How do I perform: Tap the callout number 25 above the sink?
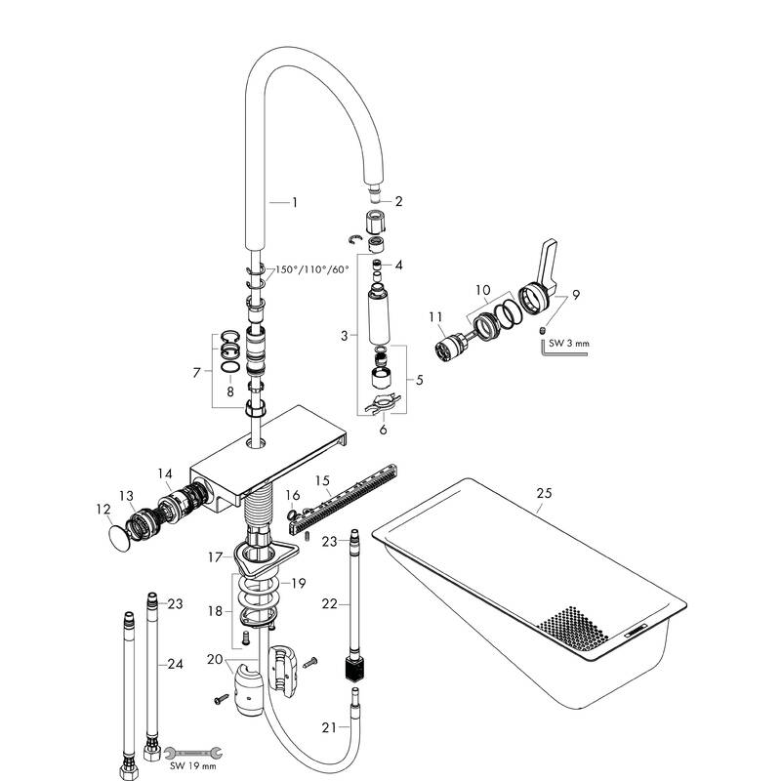point(544,493)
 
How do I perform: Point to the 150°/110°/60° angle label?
point(310,269)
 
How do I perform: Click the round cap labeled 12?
point(119,538)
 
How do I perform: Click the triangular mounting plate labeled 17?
point(258,558)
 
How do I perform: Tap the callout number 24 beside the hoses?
point(176,664)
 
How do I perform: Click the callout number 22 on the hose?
point(330,604)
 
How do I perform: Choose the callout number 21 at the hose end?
point(328,727)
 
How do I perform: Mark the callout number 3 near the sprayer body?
point(345,337)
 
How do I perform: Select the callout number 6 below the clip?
point(383,428)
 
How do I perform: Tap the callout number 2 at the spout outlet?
point(398,201)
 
